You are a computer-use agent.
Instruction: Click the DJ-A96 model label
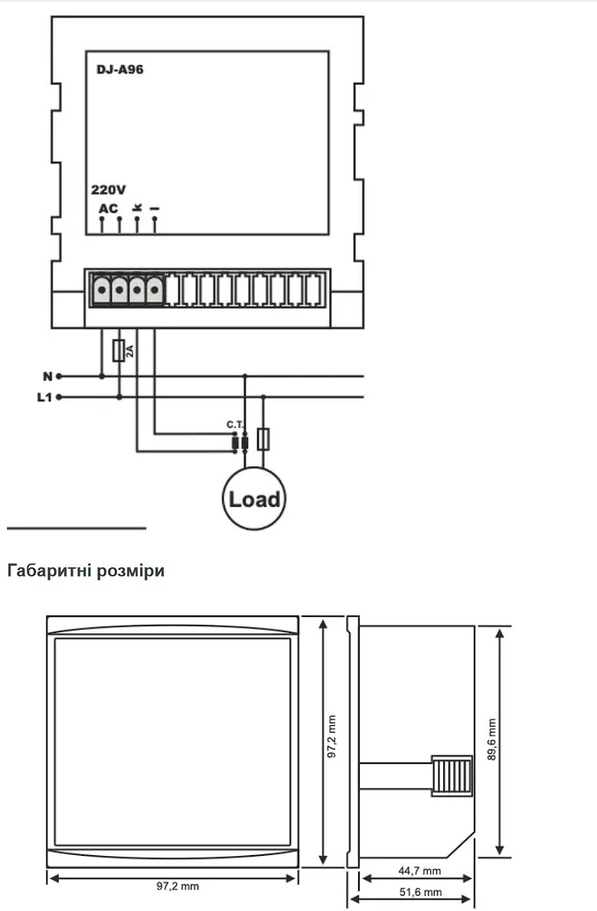click(x=119, y=70)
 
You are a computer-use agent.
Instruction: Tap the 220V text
click(x=109, y=190)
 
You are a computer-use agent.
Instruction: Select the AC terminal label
click(x=108, y=208)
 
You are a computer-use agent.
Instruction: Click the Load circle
click(x=254, y=498)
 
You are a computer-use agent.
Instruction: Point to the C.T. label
click(x=235, y=425)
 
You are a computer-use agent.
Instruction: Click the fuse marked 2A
click(x=119, y=351)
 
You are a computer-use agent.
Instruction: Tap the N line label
click(x=47, y=377)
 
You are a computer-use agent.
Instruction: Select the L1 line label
click(x=44, y=397)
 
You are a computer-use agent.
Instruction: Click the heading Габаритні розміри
click(x=86, y=570)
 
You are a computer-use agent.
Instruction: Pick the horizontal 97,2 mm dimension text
click(x=178, y=886)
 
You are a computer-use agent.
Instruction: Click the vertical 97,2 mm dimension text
click(x=331, y=736)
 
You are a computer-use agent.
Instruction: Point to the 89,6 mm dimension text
click(x=492, y=740)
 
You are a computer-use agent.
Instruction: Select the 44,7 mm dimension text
click(x=419, y=871)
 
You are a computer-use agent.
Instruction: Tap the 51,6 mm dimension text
click(x=420, y=892)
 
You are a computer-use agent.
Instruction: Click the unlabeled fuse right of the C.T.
click(x=263, y=439)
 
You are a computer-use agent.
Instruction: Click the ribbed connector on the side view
click(x=452, y=775)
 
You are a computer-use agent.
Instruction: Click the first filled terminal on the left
click(x=103, y=289)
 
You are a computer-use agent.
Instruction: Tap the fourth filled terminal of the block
click(x=155, y=289)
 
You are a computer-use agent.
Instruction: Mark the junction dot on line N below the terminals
click(x=103, y=377)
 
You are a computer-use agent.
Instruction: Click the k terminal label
click(x=137, y=207)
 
